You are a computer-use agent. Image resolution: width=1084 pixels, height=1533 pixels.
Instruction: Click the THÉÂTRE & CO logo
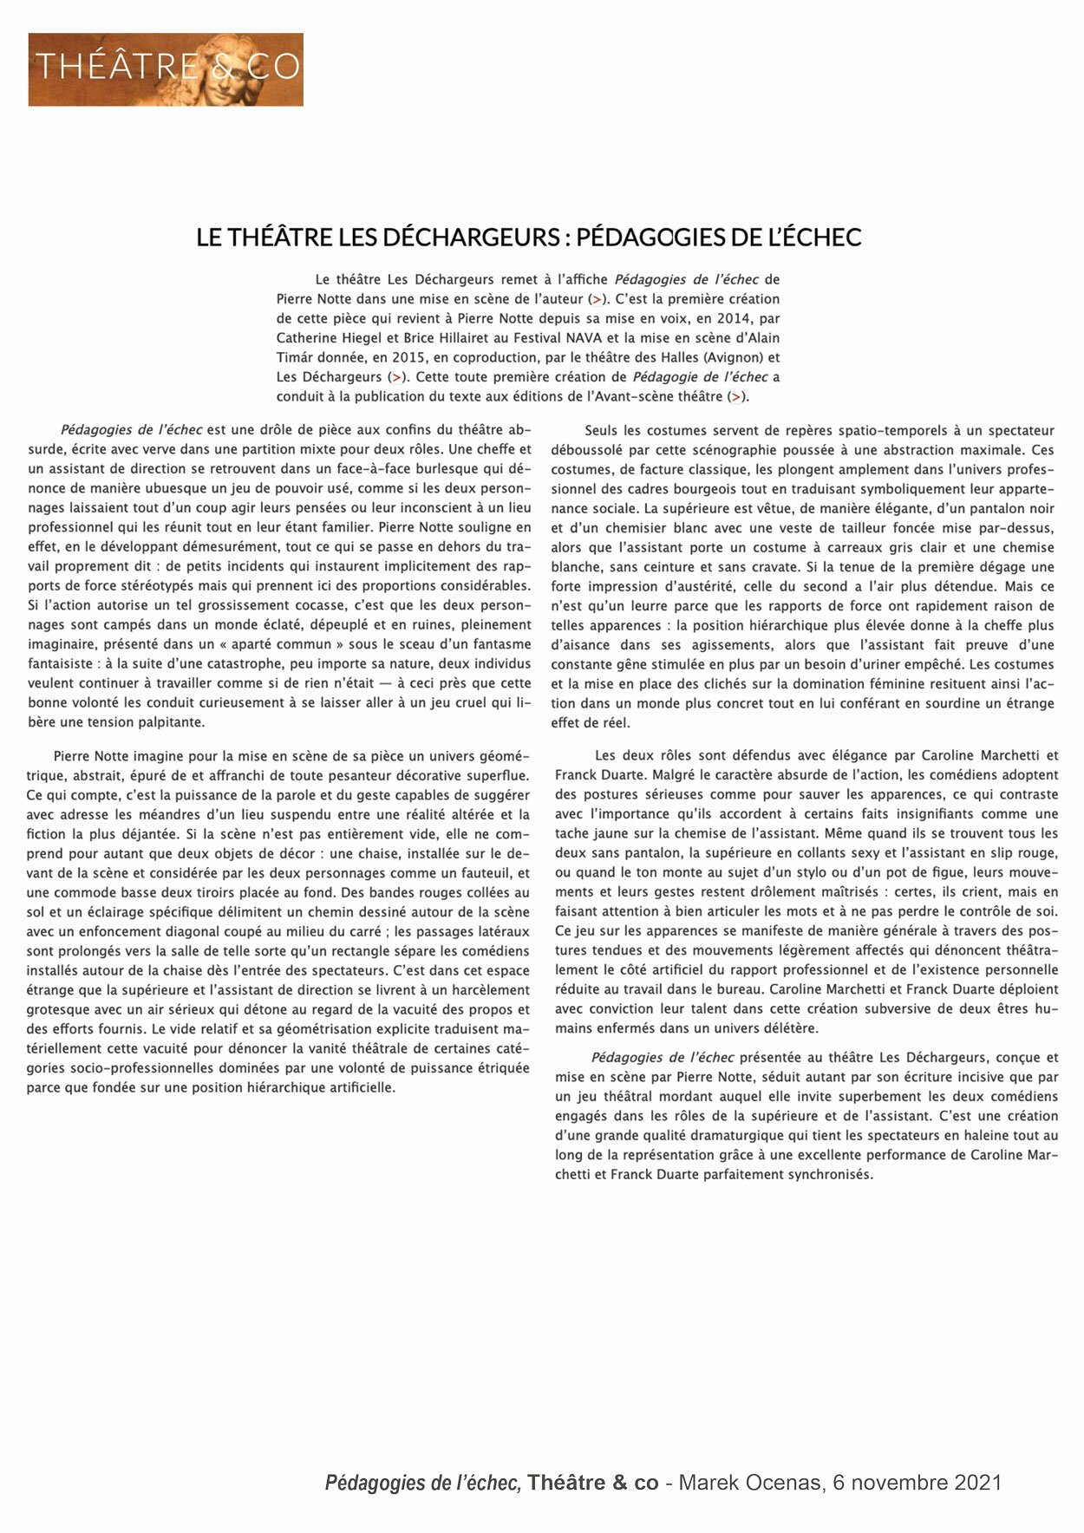(166, 69)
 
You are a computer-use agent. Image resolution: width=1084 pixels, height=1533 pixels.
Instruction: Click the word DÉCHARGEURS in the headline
(471, 238)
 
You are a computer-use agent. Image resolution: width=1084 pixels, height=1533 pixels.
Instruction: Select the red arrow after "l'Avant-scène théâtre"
(735, 396)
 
